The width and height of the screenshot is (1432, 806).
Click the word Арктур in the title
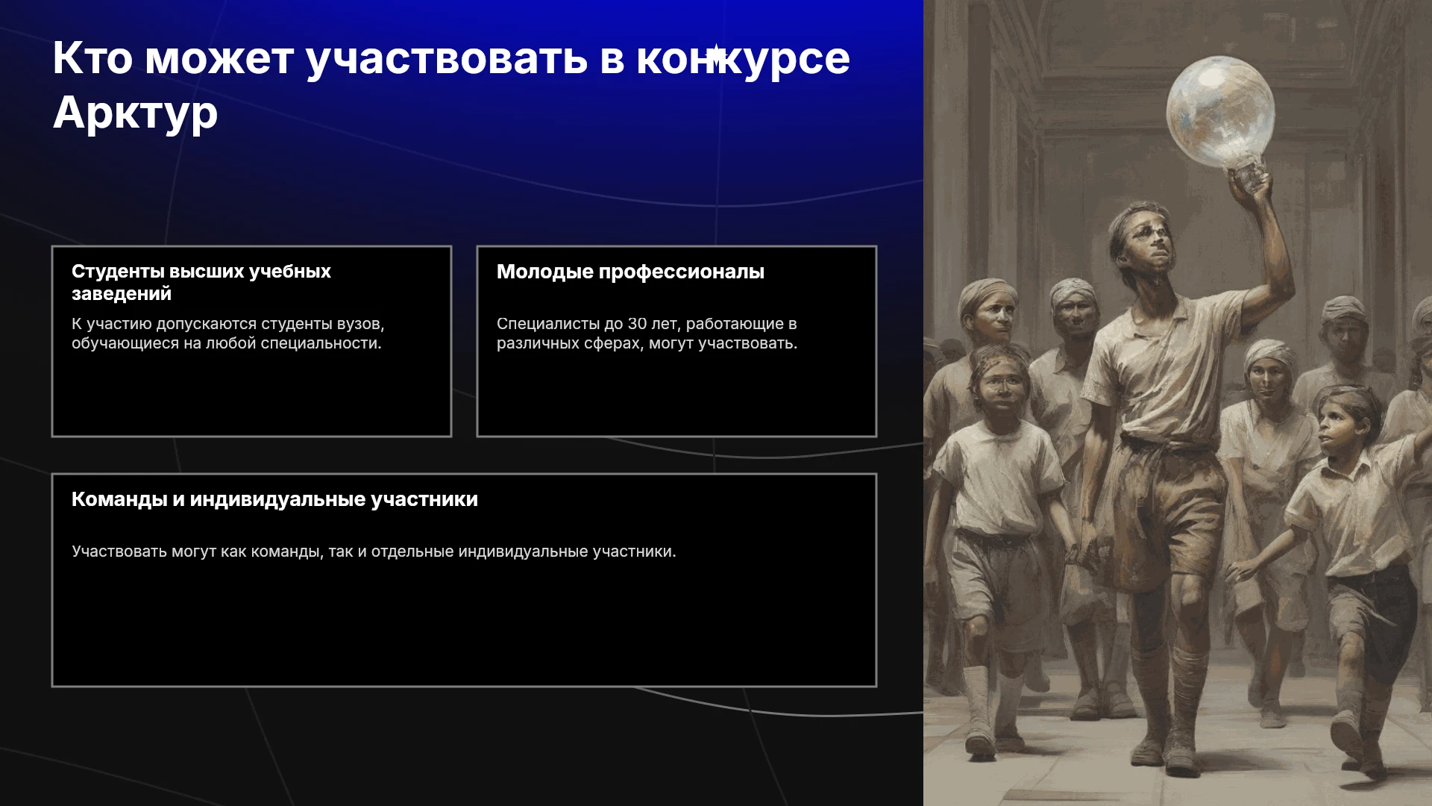(135, 113)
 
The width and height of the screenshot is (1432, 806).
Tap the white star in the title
(716, 57)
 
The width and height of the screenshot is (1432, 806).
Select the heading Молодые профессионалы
(630, 272)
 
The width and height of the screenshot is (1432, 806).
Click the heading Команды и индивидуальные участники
(274, 499)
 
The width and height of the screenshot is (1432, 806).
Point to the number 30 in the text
(637, 324)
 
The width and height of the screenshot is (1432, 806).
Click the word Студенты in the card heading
(118, 272)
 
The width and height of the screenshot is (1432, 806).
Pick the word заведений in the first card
(122, 294)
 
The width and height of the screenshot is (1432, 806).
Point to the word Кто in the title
(92, 58)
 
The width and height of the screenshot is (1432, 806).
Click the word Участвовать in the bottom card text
(119, 552)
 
